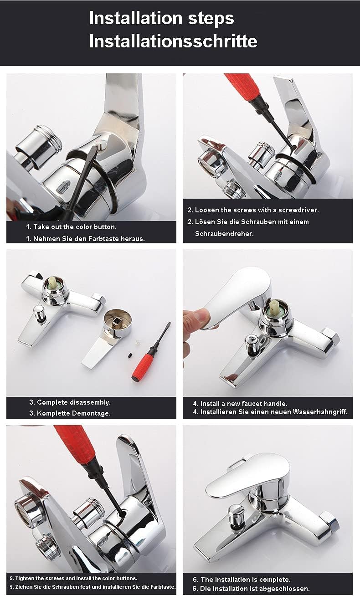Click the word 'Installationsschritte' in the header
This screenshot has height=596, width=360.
point(173,41)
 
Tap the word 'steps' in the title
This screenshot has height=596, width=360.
point(211,18)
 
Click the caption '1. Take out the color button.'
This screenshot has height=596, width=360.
point(71,227)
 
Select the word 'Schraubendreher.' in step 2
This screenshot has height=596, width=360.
point(224,234)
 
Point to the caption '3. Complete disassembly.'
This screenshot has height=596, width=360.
point(70,402)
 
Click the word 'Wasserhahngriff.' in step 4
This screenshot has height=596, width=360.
point(320,412)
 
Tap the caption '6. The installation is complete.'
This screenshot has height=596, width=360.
point(242,579)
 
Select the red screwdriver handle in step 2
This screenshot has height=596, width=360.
point(243,86)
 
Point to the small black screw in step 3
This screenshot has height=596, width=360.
point(130,356)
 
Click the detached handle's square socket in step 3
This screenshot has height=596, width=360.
point(117,324)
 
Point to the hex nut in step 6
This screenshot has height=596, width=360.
point(329,521)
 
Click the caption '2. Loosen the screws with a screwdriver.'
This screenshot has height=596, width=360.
point(253,210)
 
